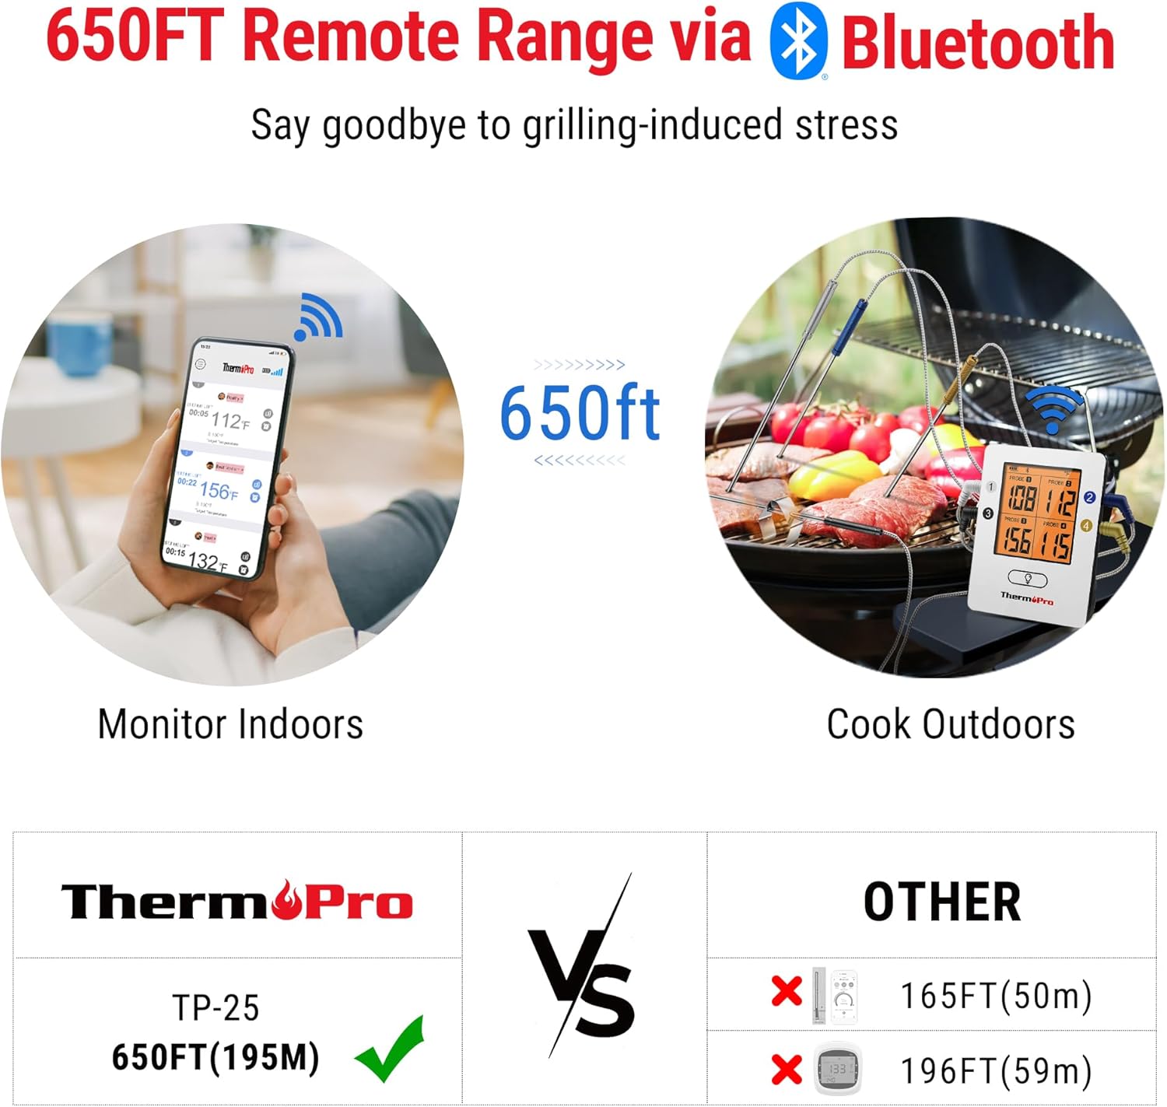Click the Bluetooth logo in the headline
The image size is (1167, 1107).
[x=797, y=40]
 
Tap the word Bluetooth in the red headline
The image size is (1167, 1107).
[x=977, y=44]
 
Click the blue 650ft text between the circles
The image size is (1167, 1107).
[x=580, y=412]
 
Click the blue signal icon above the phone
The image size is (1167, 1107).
[x=318, y=317]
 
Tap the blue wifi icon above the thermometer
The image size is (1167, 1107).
[x=1052, y=409]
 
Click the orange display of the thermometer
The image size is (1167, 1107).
[x=1039, y=513]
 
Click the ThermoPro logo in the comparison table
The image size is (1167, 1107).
[x=237, y=901]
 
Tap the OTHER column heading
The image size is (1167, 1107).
[x=942, y=902]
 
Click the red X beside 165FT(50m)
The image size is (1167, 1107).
[x=787, y=992]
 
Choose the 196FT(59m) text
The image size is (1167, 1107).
[x=996, y=1070]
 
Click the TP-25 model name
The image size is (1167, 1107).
[x=216, y=1007]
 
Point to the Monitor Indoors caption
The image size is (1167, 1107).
[x=230, y=724]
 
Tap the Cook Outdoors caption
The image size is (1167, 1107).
[x=950, y=724]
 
